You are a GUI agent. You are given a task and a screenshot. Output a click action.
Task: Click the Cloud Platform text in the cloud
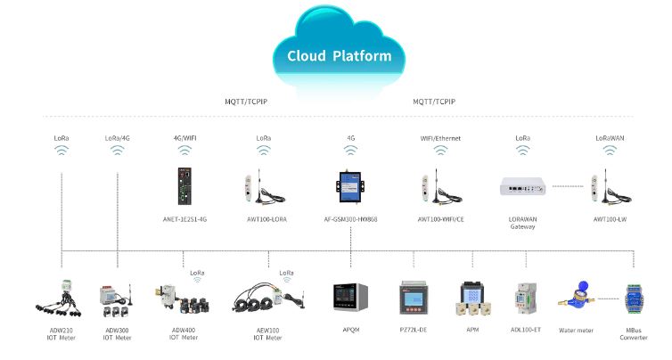tap(339, 56)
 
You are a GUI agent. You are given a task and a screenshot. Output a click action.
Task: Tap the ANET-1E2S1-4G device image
tap(184, 186)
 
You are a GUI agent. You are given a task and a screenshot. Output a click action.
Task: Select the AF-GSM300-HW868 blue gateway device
tap(350, 188)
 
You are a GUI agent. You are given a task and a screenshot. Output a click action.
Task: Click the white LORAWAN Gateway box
tap(522, 187)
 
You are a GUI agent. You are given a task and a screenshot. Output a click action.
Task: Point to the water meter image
tap(575, 296)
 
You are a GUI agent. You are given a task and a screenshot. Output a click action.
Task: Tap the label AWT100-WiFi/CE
tap(442, 217)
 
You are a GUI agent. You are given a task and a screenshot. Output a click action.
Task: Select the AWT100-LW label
tap(611, 217)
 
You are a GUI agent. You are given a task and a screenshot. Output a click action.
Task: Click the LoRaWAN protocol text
tap(609, 138)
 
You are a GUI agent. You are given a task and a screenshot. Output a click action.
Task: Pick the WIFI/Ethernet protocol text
tap(440, 138)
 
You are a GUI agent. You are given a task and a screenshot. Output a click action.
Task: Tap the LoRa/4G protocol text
tap(118, 138)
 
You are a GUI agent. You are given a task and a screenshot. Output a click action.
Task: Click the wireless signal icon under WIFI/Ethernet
tap(440, 151)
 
